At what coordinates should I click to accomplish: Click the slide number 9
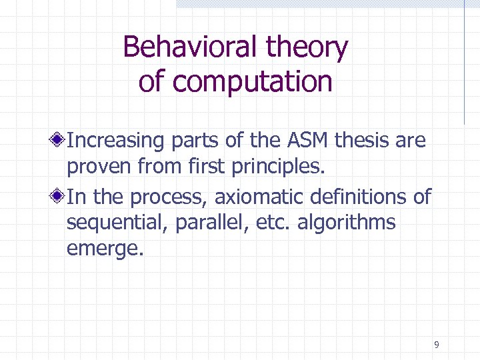[436, 345]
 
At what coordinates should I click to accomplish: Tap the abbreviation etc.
[261, 223]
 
